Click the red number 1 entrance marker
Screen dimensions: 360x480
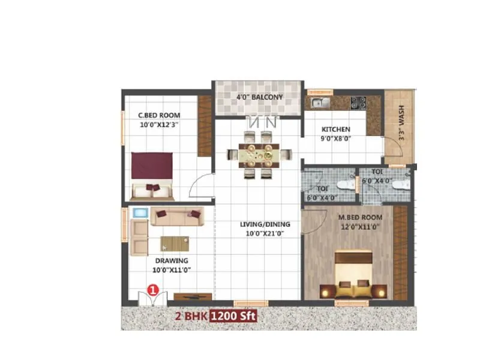[152, 289]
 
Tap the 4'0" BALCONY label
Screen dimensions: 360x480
[259, 97]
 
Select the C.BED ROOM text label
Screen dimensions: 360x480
[159, 115]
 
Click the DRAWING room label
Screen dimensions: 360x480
[172, 260]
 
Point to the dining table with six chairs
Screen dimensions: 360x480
[259, 155]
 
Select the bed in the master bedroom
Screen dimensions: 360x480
[352, 275]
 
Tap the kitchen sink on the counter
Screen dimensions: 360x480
[319, 102]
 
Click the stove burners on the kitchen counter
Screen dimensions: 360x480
[358, 102]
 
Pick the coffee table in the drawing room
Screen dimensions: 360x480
[174, 243]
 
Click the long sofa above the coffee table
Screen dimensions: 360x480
[177, 216]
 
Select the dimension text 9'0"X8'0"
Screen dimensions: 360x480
[335, 138]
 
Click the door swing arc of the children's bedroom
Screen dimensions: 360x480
[201, 185]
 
